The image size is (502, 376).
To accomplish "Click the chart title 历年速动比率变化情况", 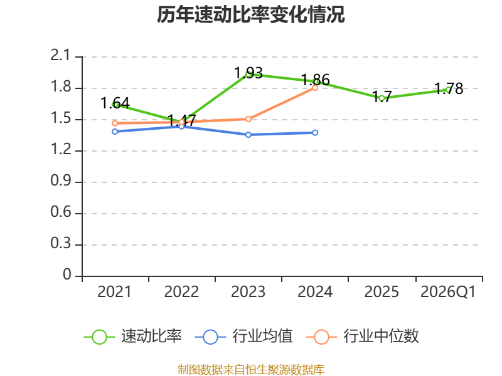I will (251, 15).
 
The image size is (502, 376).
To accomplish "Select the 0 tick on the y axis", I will (68, 275).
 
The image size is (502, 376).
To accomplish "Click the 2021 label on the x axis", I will (115, 292).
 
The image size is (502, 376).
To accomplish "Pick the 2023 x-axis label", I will (248, 292).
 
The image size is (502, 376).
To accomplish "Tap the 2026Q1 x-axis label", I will (448, 292).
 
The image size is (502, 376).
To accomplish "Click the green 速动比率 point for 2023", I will (248, 74).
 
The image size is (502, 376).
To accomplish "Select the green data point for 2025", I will (382, 98).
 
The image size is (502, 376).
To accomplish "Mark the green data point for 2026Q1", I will (448, 90).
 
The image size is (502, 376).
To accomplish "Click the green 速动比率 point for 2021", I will (115, 105).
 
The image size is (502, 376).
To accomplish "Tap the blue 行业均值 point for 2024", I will (315, 133).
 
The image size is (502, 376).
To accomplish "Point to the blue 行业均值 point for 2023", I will (248, 135).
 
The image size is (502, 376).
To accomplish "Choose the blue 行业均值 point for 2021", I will (115, 132).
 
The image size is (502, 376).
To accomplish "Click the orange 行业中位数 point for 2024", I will (315, 88).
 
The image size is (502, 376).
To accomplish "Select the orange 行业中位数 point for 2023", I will (248, 119).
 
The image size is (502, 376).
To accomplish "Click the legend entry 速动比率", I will (133, 337).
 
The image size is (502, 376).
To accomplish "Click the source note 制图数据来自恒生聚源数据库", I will (251, 369).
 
